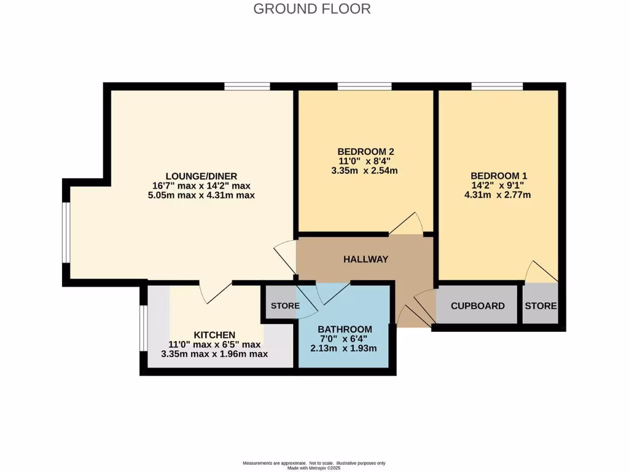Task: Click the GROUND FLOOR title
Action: [311, 9]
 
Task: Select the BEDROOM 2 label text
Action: [365, 151]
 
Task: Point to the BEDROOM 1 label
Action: [498, 175]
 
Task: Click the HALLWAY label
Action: [365, 259]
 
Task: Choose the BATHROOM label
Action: [345, 329]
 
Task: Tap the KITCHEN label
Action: [214, 334]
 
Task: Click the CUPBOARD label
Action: [477, 305]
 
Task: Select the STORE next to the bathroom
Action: [285, 305]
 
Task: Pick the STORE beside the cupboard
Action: [541, 305]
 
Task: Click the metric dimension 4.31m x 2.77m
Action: [498, 195]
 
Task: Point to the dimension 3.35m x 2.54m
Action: [365, 170]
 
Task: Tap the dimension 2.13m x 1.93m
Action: [345, 348]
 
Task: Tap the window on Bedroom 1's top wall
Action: [497, 86]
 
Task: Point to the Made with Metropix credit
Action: [314, 468]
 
